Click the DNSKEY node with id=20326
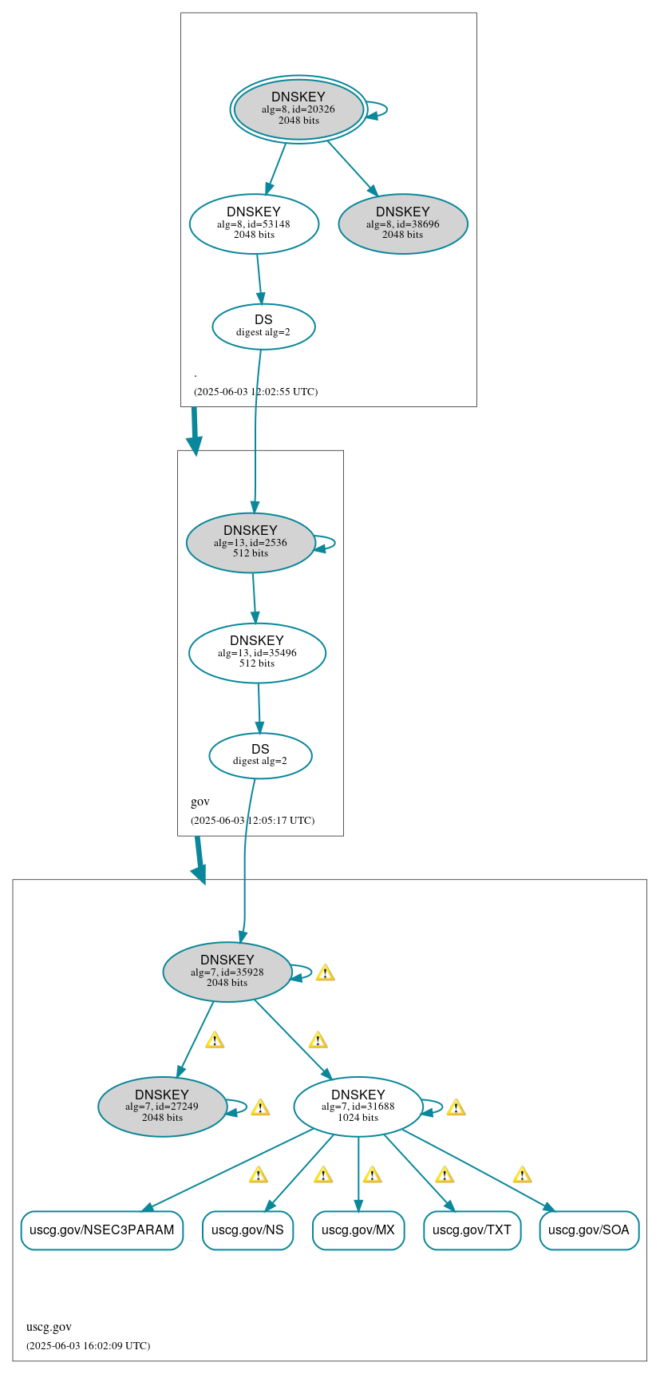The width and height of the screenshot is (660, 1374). pyautogui.click(x=298, y=109)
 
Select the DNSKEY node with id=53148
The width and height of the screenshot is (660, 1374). pyautogui.click(x=254, y=224)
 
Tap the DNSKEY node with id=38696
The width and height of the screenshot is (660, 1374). pyautogui.click(x=403, y=224)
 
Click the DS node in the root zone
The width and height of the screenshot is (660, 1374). pyautogui.click(x=263, y=326)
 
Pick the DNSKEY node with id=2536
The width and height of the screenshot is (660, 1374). pyautogui.click(x=251, y=542)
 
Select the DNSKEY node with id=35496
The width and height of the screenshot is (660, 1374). pyautogui.click(x=257, y=652)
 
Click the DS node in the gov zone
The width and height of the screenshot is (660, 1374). pyautogui.click(x=260, y=755)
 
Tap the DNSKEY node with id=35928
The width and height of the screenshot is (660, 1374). pyautogui.click(x=227, y=972)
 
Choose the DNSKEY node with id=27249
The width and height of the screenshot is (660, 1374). pyautogui.click(x=162, y=1107)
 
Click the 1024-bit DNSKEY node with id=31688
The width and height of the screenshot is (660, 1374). pyautogui.click(x=358, y=1107)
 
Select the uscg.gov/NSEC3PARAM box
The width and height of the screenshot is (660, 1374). pyautogui.click(x=102, y=1229)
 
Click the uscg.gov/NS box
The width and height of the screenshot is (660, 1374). pyautogui.click(x=247, y=1229)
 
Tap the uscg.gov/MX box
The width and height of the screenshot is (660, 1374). pyautogui.click(x=358, y=1229)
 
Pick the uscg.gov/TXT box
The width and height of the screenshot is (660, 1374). pyautogui.click(x=472, y=1229)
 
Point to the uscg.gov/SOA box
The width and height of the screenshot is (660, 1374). pyautogui.click(x=589, y=1229)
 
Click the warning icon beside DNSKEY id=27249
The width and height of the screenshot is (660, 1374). pyautogui.click(x=259, y=1107)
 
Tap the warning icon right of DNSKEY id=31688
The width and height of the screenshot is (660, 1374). pyautogui.click(x=456, y=1107)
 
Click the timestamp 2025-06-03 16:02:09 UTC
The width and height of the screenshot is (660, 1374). pyautogui.click(x=88, y=1345)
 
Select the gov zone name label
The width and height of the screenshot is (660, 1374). pyautogui.click(x=200, y=802)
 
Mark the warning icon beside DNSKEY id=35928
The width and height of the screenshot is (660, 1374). pyautogui.click(x=325, y=972)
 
